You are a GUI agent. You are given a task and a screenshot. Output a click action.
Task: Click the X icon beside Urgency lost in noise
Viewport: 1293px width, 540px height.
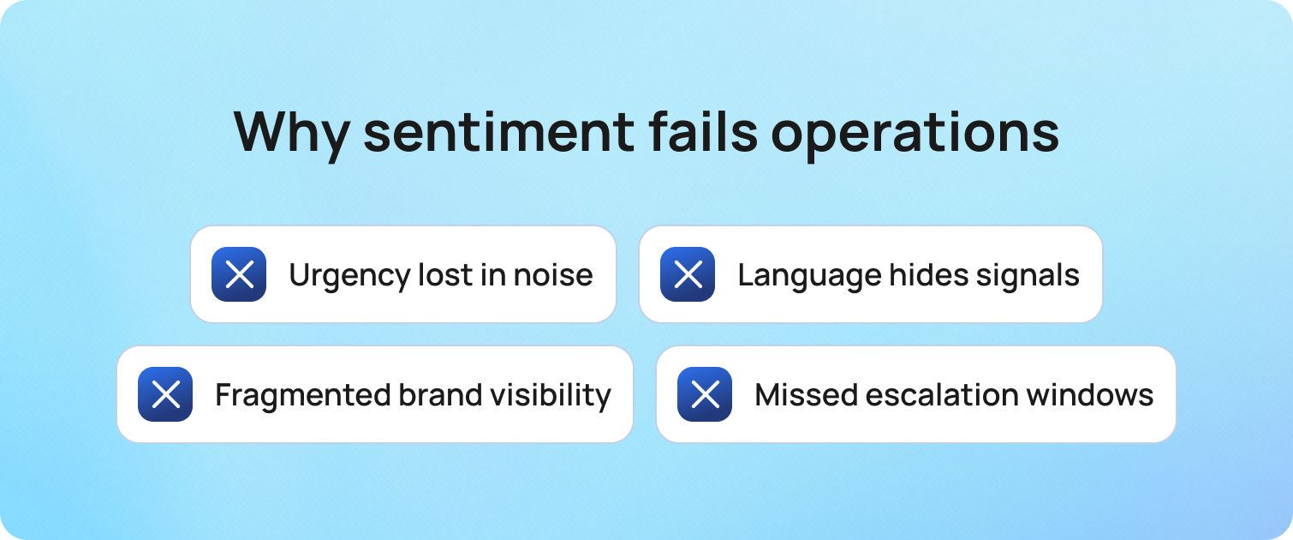click(x=239, y=274)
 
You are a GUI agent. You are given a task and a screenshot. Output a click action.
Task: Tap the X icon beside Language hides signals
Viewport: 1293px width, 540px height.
click(x=688, y=274)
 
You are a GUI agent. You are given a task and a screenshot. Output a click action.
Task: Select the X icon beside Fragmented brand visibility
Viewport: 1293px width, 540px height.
click(x=165, y=394)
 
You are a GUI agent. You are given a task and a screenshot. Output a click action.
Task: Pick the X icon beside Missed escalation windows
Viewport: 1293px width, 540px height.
click(x=705, y=394)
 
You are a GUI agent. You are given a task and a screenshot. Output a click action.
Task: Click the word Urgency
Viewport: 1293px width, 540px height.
click(x=337, y=276)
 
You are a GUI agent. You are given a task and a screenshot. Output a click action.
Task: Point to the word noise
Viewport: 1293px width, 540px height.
click(x=553, y=275)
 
